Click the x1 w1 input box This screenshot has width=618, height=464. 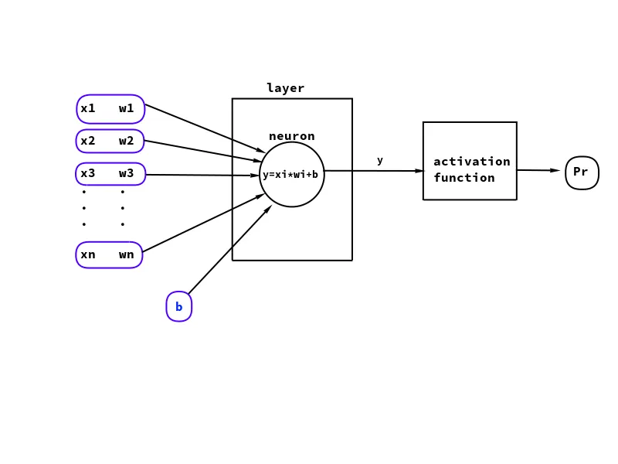click(x=110, y=109)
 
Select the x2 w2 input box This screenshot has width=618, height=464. click(x=110, y=141)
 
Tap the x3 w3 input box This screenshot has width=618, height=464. click(x=110, y=174)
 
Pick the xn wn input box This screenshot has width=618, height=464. click(x=109, y=254)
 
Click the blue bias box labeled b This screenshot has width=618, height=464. click(x=178, y=307)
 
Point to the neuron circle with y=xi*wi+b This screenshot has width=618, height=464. click(x=291, y=175)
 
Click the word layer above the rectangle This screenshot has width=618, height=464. click(x=285, y=88)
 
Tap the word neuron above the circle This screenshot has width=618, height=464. click(x=291, y=136)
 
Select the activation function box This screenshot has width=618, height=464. click(x=469, y=161)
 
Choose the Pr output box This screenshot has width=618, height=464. click(x=581, y=172)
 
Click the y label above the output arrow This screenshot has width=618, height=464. click(x=379, y=160)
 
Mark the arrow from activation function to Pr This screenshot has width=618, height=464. click(x=538, y=170)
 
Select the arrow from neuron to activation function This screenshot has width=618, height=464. click(x=374, y=171)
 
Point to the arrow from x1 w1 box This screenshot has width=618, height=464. click(x=205, y=128)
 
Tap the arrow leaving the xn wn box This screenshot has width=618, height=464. click(x=203, y=223)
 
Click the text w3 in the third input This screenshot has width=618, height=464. click(x=126, y=173)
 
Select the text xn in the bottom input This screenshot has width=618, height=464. click(x=88, y=254)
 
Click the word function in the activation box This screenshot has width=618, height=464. click(x=463, y=178)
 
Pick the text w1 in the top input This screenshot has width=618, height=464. click(x=126, y=108)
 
